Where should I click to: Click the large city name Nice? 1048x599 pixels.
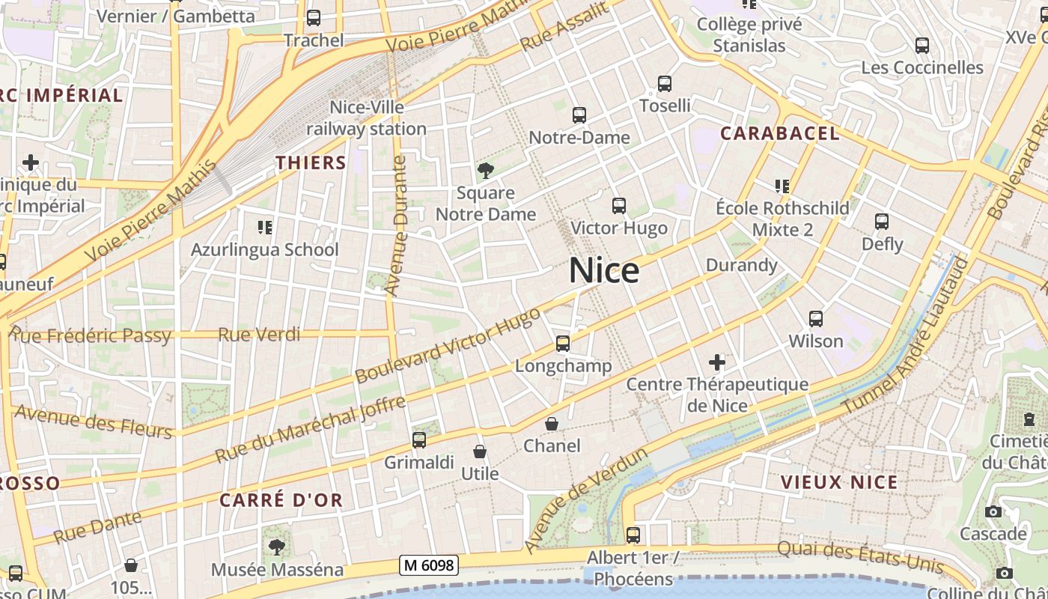[604, 270]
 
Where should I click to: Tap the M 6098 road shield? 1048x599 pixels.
[428, 565]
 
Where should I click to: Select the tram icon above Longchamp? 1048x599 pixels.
[563, 344]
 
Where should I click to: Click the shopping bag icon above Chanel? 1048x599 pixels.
[552, 424]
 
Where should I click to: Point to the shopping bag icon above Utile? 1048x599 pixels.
[480, 451]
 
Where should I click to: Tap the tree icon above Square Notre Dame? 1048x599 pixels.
[486, 171]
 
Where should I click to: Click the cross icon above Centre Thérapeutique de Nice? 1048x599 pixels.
[717, 362]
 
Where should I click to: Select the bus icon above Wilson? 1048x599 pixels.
[816, 319]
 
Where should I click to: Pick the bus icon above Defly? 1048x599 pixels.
[882, 222]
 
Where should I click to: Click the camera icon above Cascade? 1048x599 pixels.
[993, 512]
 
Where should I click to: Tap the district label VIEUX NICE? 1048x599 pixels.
[839, 482]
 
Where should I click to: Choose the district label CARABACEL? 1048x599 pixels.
[779, 134]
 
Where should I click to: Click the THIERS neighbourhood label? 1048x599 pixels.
[311, 162]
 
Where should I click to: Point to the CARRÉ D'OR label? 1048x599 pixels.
[281, 500]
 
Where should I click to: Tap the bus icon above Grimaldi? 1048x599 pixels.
[419, 440]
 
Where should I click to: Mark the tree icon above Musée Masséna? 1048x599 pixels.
[277, 547]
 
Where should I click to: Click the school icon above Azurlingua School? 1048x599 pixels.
[264, 227]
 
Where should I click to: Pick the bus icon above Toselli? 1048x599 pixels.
[665, 84]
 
